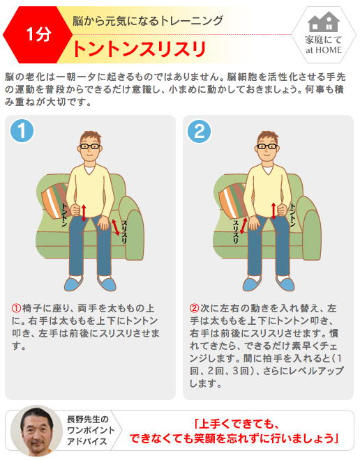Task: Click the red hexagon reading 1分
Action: (38, 35)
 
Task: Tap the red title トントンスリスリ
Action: (139, 49)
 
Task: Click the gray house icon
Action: (323, 22)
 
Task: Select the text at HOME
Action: (323, 50)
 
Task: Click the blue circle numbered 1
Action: (22, 131)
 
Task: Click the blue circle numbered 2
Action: (199, 131)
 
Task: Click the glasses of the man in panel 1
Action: (90, 146)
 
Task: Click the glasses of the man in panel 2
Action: (267, 146)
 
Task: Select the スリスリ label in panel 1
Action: (124, 232)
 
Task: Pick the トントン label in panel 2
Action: (293, 215)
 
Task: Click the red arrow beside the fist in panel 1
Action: (84, 213)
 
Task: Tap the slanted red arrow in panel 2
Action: (243, 226)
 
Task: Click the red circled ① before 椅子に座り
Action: (16, 308)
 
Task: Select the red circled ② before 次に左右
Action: (195, 308)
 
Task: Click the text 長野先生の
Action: (88, 419)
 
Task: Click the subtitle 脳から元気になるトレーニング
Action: (148, 21)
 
